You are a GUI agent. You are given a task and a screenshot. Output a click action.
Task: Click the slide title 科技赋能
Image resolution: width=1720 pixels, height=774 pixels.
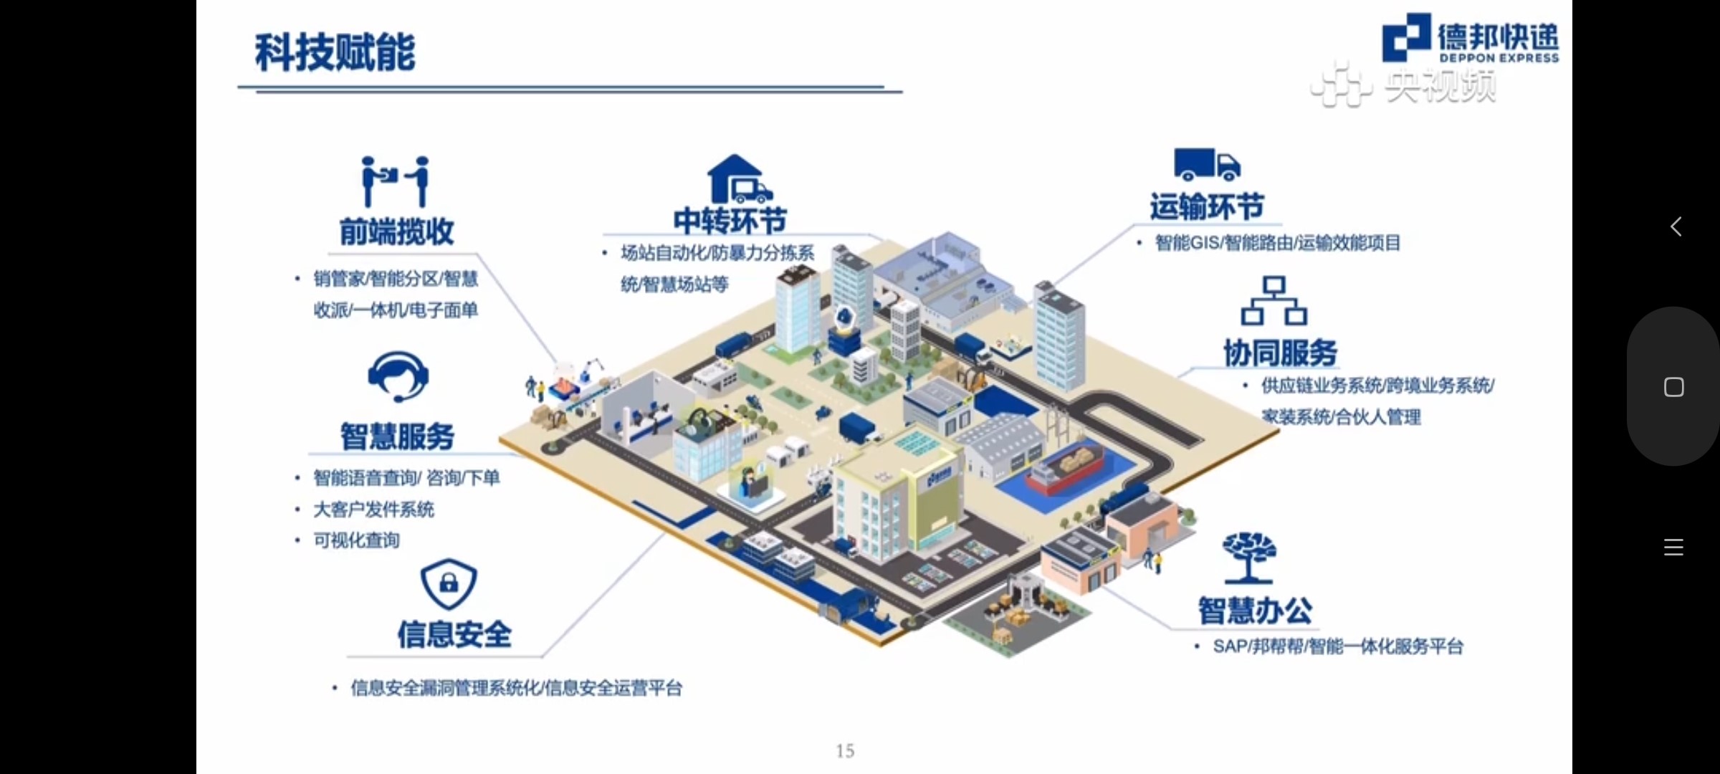pos(335,53)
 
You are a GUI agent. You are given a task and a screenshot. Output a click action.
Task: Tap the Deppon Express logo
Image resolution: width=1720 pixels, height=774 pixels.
pos(1470,39)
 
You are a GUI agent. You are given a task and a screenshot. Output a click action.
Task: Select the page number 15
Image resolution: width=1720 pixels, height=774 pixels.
pos(845,750)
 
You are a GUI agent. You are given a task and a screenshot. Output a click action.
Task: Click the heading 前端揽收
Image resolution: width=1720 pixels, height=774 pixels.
pos(396,231)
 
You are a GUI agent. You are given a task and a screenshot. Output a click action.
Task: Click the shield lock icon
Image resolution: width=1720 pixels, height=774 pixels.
pos(449,583)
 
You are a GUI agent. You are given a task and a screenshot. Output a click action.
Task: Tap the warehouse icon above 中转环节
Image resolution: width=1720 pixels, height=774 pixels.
pos(739,178)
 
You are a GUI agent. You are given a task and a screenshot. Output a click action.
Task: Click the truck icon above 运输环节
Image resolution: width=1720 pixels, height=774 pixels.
pos(1206,164)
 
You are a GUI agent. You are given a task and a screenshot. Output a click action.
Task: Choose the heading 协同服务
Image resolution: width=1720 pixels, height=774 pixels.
pos(1280,353)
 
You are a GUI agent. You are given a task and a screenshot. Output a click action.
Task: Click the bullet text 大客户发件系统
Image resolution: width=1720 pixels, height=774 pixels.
pos(373,510)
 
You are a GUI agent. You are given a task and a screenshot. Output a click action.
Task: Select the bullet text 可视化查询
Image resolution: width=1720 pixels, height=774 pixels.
pos(356,540)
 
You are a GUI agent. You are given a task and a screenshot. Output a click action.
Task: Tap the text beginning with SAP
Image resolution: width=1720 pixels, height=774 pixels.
pos(1337,646)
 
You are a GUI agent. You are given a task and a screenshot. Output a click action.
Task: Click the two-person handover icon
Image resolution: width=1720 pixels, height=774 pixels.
pos(396,181)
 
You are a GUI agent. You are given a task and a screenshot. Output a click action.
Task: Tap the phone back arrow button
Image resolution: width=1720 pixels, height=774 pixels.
pos(1675,227)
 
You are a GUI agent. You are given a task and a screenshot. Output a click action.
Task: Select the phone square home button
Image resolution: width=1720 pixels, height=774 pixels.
pos(1673,387)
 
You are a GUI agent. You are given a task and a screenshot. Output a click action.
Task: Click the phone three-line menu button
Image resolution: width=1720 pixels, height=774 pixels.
pos(1673,548)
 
